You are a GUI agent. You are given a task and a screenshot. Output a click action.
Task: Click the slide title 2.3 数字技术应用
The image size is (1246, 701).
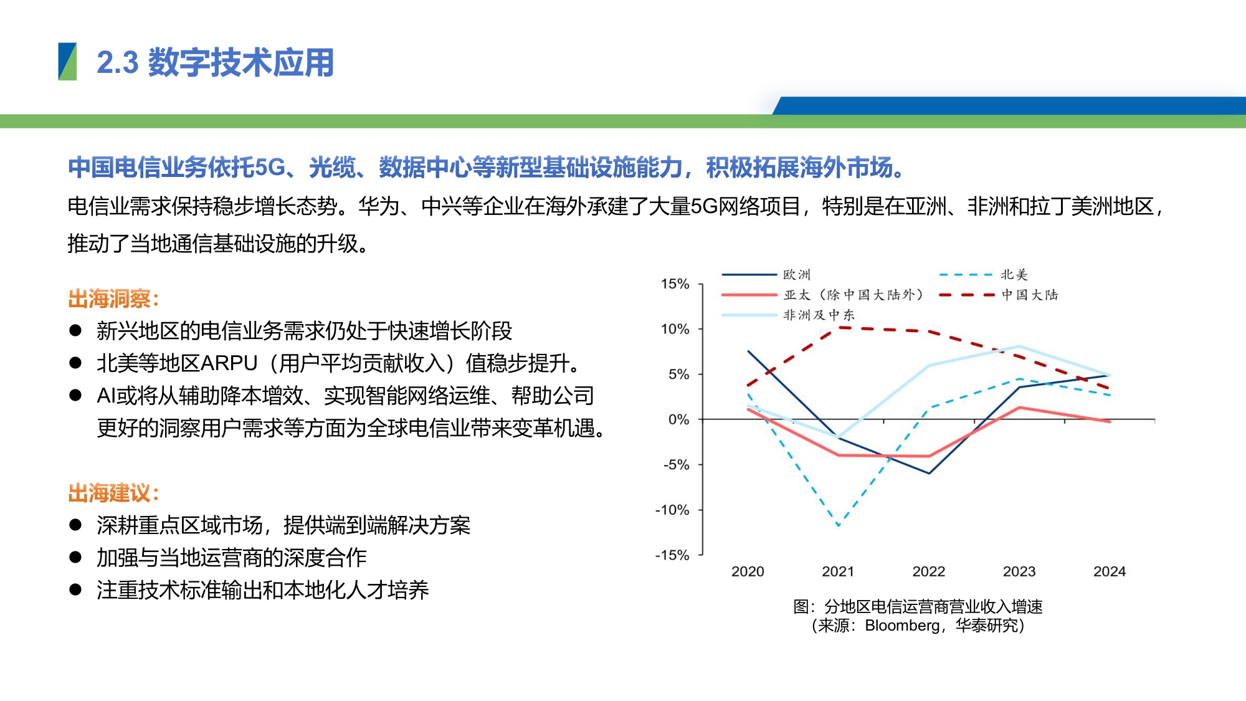coord(215,63)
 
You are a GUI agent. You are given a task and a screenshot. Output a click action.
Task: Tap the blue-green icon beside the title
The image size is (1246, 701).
coord(67,62)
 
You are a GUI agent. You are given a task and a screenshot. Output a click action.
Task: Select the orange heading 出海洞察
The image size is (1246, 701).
coord(113,299)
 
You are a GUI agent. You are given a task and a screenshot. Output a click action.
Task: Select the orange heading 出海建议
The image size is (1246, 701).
coord(113,494)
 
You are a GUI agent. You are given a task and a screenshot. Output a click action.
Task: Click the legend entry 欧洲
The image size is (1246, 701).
coord(796,275)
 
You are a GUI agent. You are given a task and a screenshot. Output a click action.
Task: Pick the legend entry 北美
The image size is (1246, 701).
coord(1014,275)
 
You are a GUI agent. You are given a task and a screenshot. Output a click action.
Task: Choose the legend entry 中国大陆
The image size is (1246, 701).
coord(1029,295)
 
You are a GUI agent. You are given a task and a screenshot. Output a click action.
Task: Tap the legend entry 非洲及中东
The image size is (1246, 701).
coord(818,315)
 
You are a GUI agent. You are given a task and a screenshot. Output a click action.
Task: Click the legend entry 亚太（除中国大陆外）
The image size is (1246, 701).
coord(853,295)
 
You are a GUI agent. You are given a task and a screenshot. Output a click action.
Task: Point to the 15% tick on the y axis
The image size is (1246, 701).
coord(675,284)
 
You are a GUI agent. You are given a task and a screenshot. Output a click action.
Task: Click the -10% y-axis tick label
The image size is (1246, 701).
coord(672,510)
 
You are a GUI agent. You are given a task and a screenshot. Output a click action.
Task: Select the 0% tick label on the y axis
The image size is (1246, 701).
coord(678,419)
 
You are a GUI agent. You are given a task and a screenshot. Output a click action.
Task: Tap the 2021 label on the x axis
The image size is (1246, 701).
coord(838,571)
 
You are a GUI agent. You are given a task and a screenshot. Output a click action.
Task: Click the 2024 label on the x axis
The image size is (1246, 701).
coord(1110,571)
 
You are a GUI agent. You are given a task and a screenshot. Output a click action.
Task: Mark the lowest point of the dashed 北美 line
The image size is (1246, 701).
coord(839,525)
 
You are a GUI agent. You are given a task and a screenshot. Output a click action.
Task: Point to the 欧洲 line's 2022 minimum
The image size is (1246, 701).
coord(929,474)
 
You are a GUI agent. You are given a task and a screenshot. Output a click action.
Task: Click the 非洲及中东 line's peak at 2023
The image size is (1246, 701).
coord(1019,346)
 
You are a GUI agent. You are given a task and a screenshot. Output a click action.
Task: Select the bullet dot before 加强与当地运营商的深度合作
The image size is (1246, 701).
coord(75,557)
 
